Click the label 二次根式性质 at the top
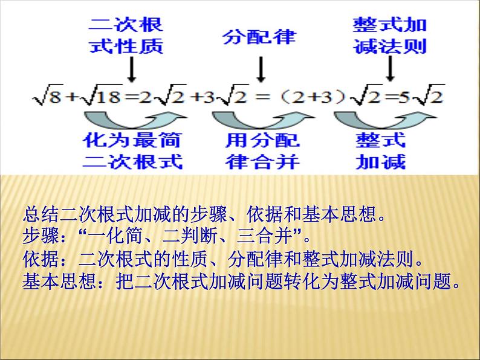pyautogui.click(x=126, y=36)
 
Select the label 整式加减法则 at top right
pyautogui.click(x=390, y=36)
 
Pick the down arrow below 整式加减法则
pyautogui.click(x=391, y=69)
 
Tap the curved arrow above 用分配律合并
pyautogui.click(x=261, y=118)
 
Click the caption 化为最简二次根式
pyautogui.click(x=132, y=151)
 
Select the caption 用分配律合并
pyautogui.click(x=262, y=151)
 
